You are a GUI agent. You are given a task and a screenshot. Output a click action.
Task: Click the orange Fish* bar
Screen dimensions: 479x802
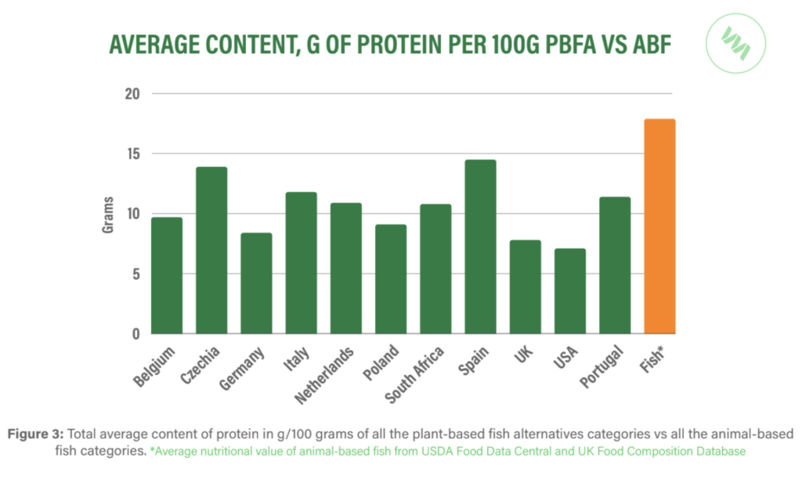pyautogui.click(x=659, y=227)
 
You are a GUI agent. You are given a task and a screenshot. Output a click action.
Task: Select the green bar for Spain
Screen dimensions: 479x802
pyautogui.click(x=480, y=247)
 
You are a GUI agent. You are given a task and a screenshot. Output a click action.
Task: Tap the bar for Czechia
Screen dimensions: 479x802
pyautogui.click(x=211, y=250)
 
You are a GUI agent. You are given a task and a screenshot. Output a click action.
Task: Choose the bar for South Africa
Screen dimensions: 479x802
pyautogui.click(x=435, y=269)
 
